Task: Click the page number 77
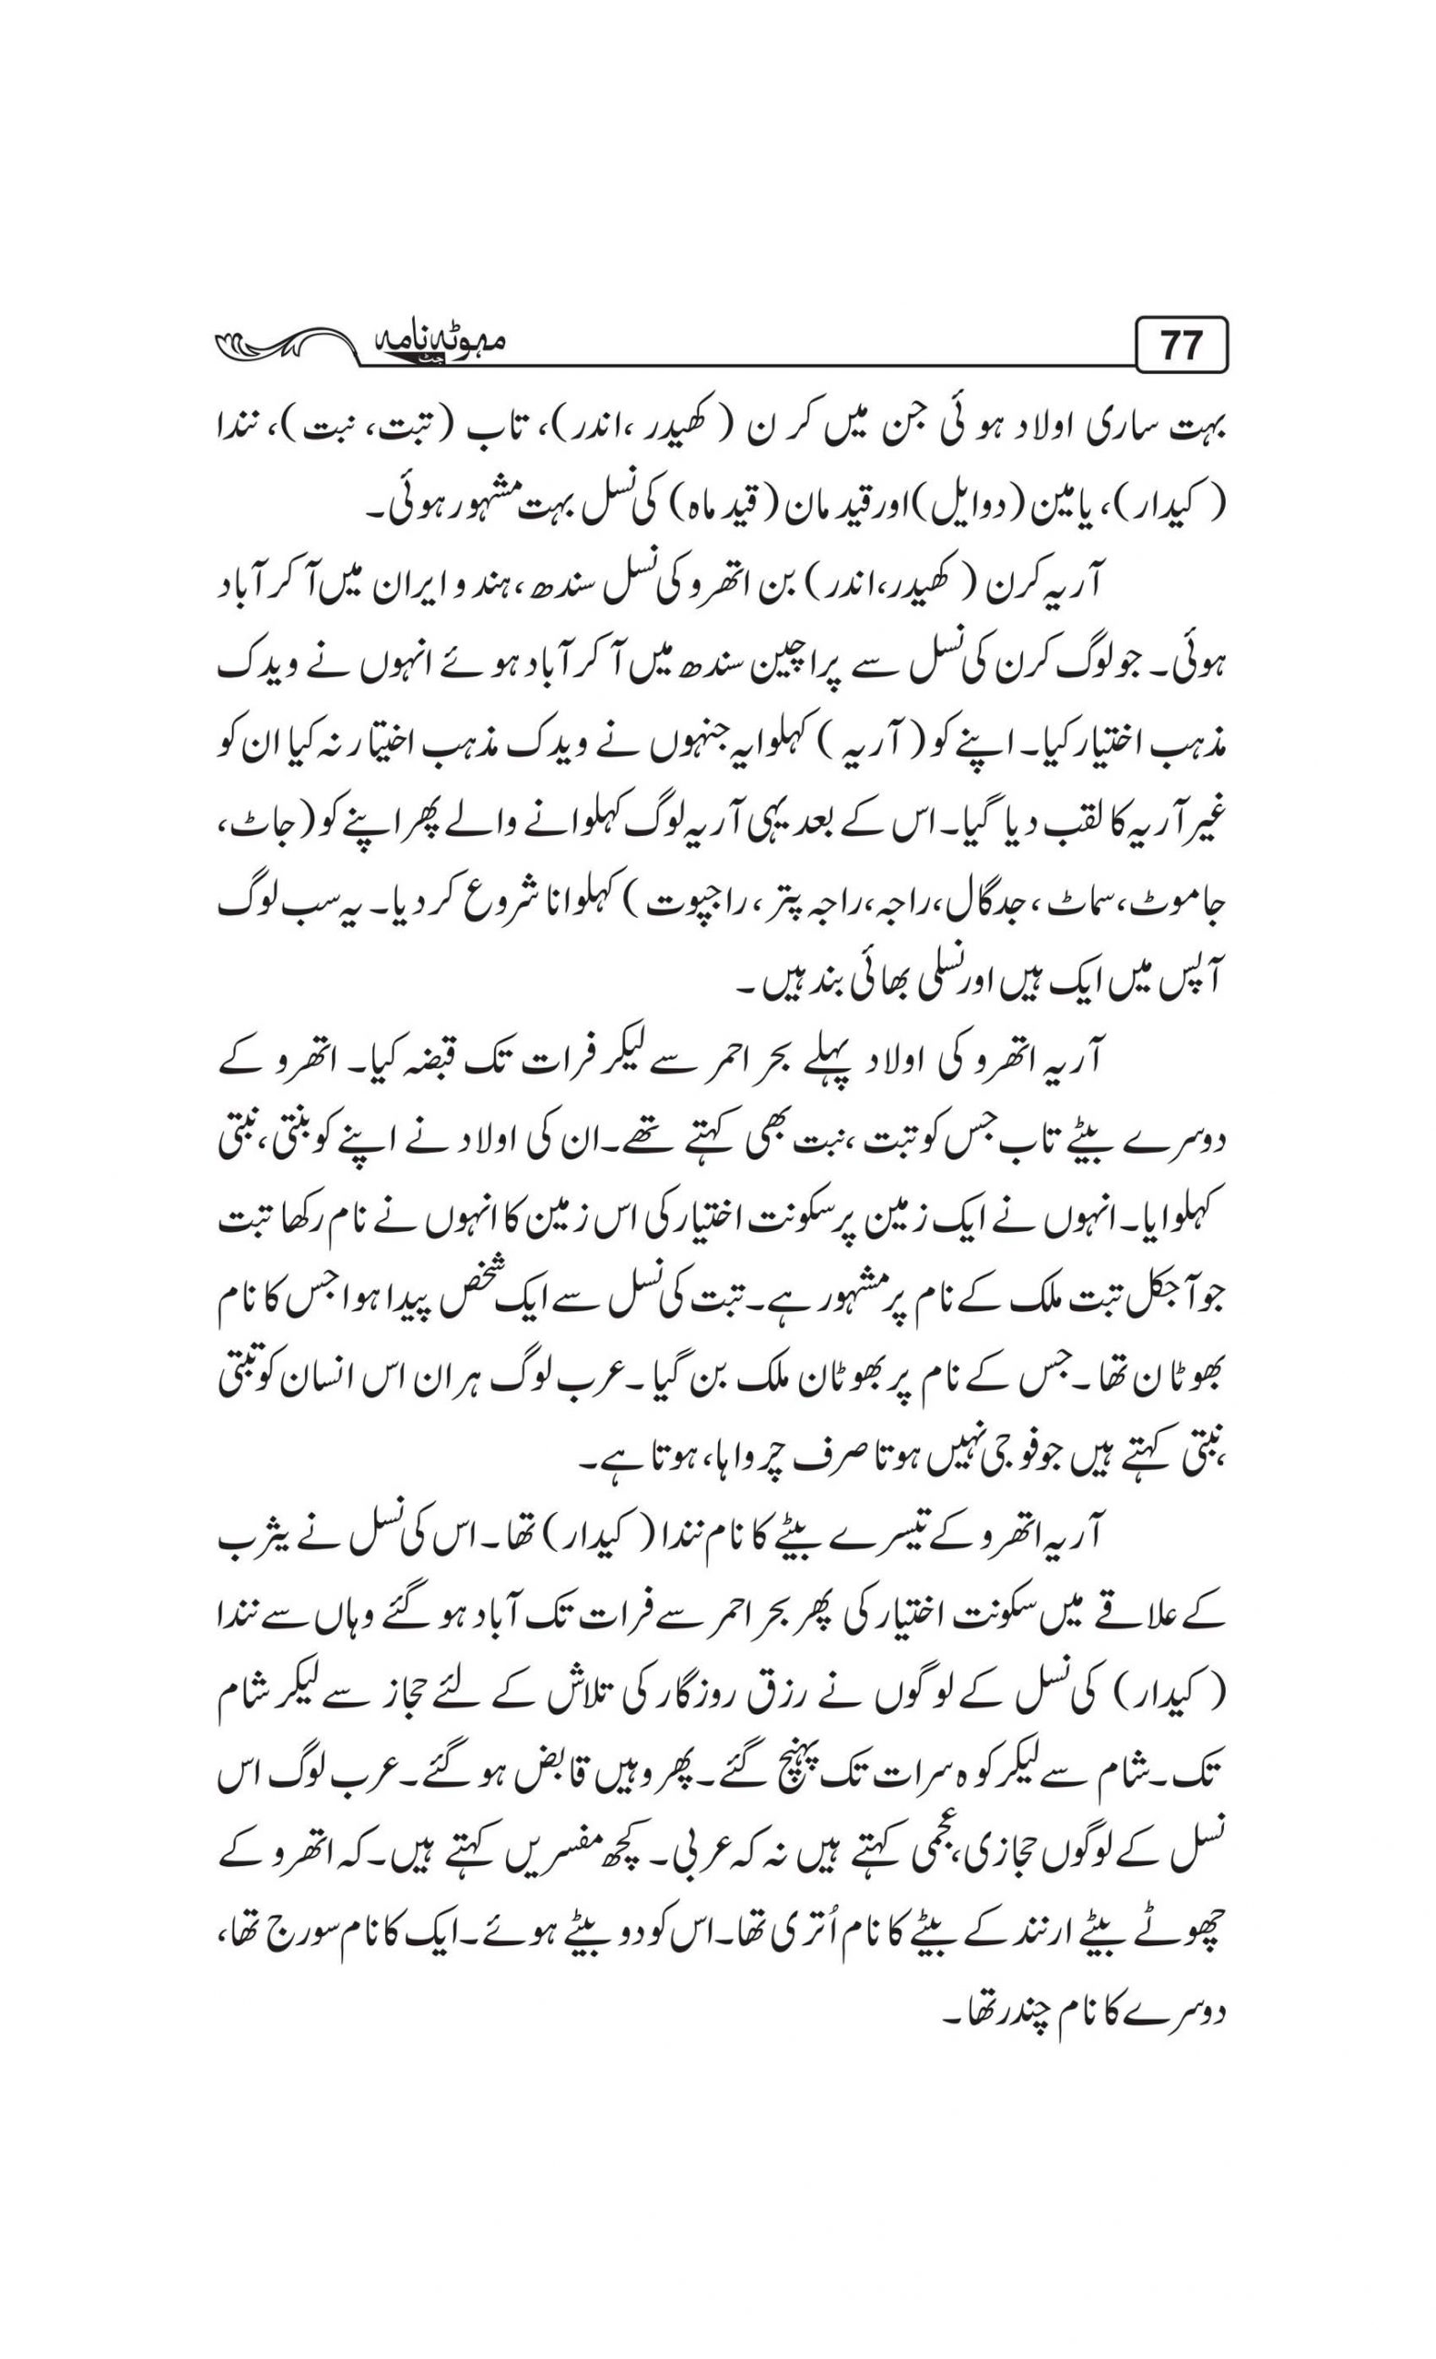[1180, 346]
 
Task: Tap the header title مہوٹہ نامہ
[431, 344]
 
